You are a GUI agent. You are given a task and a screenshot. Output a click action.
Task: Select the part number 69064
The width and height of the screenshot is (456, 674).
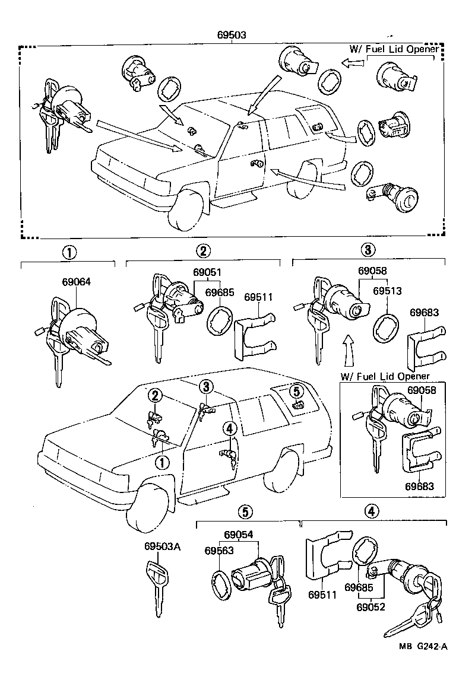[77, 283]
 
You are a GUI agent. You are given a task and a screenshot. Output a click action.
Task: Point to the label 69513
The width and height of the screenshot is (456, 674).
[388, 291]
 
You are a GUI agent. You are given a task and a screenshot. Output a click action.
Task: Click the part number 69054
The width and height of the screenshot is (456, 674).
[238, 534]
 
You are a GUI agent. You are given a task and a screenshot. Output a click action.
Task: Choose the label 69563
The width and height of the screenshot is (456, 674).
[219, 551]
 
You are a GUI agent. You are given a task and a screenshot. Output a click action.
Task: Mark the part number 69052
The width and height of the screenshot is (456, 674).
[370, 607]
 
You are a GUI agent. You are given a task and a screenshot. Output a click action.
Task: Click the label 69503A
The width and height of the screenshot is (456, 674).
[161, 547]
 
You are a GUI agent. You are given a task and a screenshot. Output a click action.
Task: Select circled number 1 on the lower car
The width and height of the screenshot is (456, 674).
[161, 461]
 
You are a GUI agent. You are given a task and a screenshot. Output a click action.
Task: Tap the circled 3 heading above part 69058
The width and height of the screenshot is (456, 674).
[368, 250]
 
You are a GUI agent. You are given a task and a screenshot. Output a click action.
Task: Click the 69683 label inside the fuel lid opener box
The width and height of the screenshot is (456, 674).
[420, 486]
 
